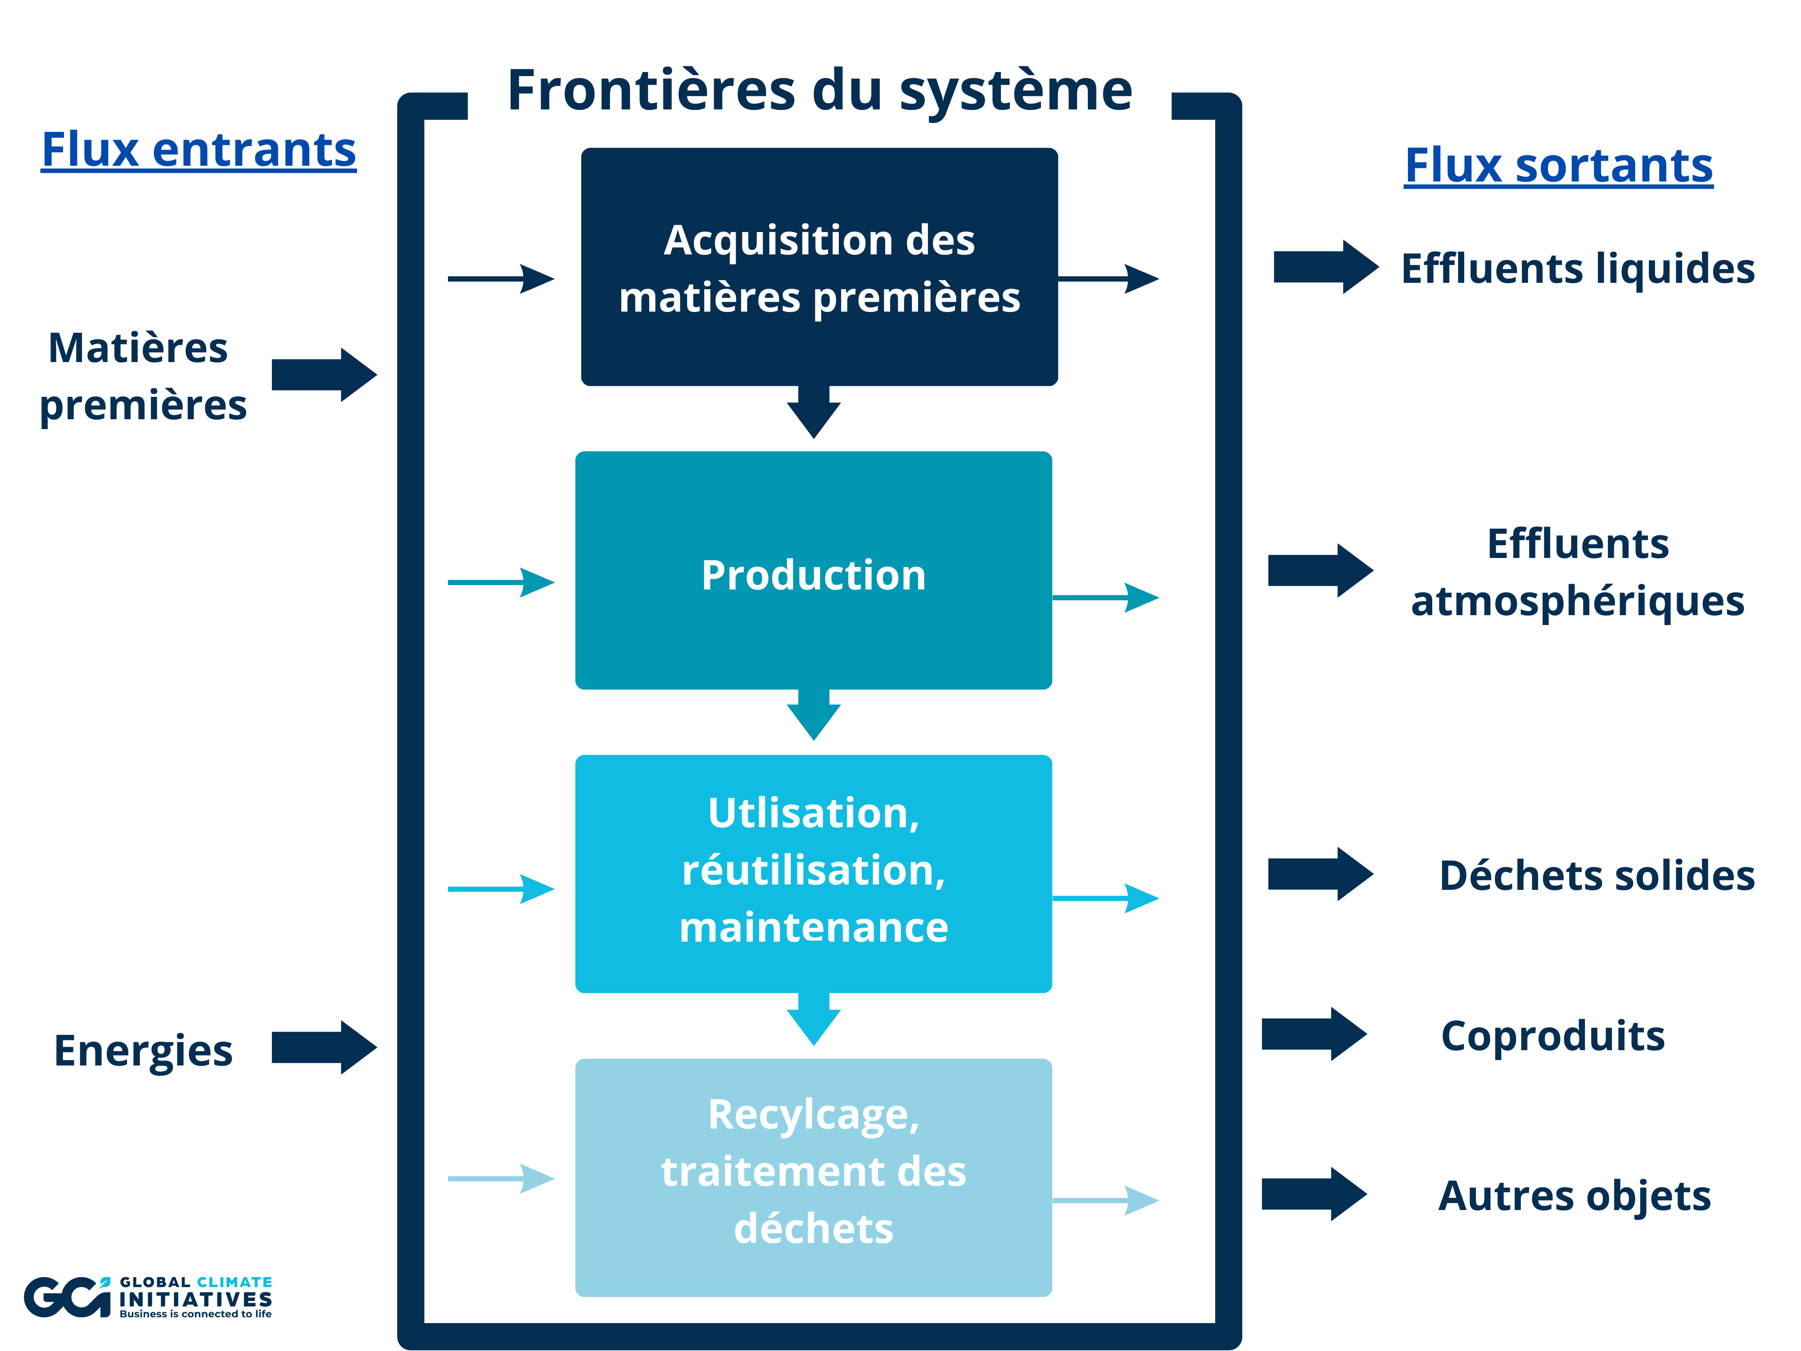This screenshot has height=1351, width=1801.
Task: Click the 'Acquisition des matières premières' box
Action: click(819, 267)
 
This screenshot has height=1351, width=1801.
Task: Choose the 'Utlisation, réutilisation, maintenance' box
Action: click(814, 874)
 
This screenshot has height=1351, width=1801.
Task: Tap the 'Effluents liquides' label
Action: click(1577, 269)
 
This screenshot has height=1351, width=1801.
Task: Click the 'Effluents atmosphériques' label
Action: click(1577, 572)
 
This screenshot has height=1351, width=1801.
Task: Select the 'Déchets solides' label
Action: click(1596, 875)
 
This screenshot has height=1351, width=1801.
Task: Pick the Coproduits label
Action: click(1552, 1036)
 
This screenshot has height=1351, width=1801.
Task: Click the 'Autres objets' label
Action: click(1574, 1196)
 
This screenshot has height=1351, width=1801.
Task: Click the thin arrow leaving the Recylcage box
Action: click(1105, 1200)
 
